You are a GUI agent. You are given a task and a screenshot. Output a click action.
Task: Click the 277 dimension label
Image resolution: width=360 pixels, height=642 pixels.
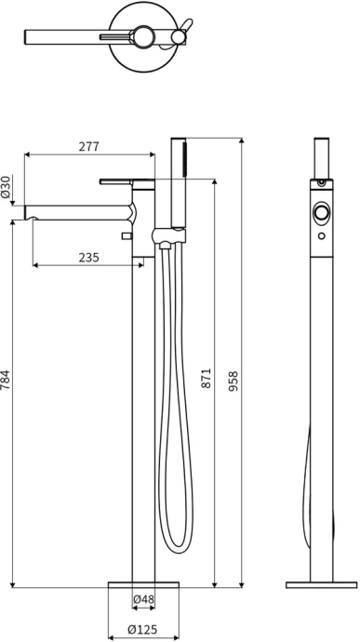(89, 146)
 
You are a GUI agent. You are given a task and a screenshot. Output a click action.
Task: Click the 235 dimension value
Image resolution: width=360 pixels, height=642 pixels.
(89, 257)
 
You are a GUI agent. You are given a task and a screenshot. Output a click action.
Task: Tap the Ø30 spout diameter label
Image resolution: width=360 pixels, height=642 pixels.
(6, 187)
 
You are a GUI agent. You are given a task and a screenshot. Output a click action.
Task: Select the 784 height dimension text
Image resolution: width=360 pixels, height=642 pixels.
(5, 380)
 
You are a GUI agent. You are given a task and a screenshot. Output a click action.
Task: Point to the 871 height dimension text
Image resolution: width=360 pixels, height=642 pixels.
(206, 378)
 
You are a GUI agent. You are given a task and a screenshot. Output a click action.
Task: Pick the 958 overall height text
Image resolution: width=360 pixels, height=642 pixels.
(233, 381)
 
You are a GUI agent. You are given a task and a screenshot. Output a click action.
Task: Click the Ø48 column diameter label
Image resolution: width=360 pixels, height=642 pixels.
(143, 599)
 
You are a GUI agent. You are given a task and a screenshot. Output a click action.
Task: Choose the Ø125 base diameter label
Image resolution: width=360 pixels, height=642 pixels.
(142, 629)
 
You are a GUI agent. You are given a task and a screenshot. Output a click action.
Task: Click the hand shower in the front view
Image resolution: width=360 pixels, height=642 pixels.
(179, 182)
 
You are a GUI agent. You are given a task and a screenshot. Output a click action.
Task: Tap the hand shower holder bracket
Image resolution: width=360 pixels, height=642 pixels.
(168, 236)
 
